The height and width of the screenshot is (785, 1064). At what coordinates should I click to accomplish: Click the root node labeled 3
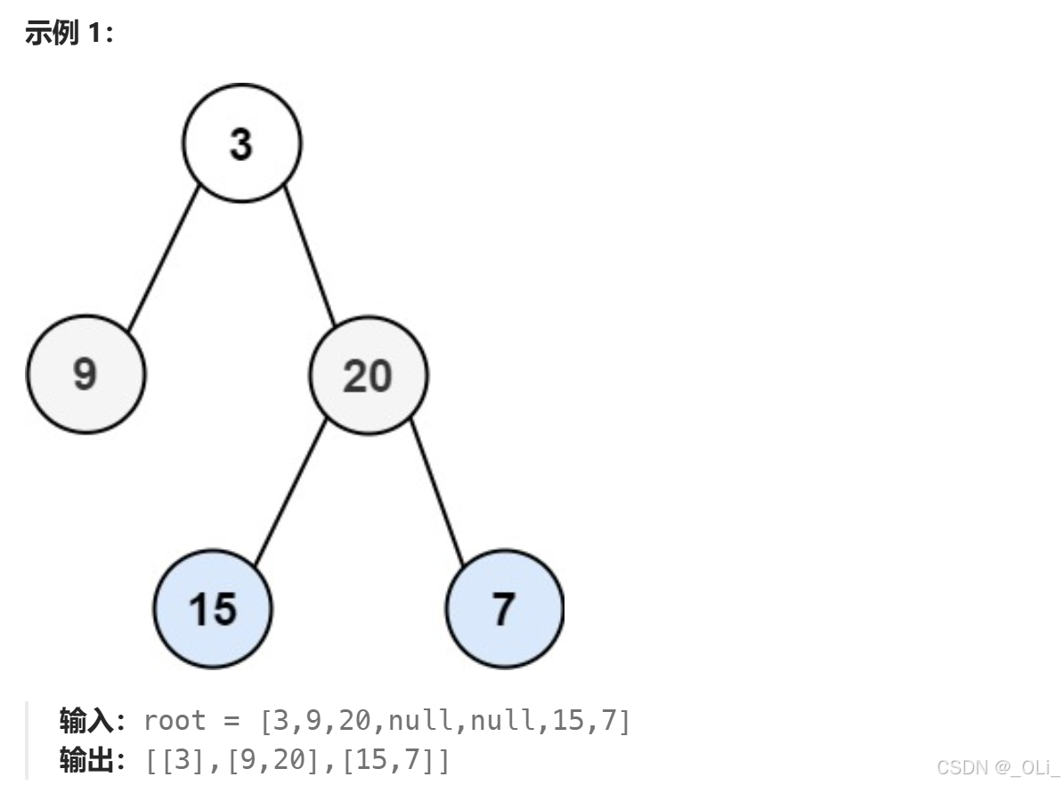[241, 143]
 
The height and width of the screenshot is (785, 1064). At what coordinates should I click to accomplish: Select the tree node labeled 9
[85, 374]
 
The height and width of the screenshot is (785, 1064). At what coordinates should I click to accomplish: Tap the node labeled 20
[369, 376]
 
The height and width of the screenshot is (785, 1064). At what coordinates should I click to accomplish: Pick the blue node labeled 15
[213, 609]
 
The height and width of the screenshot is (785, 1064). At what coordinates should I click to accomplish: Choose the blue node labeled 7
[505, 609]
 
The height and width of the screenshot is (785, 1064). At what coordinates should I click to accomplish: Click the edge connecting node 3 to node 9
[164, 258]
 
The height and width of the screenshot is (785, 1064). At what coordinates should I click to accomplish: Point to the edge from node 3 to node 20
[310, 255]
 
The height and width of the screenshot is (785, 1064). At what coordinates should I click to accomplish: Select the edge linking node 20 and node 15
[290, 492]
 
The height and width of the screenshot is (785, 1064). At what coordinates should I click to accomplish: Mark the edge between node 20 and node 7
[438, 492]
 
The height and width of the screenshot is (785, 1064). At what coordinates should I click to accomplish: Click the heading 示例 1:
[69, 33]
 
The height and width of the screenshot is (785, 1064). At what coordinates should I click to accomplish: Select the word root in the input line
[175, 721]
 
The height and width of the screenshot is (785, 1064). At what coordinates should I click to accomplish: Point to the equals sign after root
[232, 721]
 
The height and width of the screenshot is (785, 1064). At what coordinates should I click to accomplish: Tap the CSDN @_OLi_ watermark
[997, 767]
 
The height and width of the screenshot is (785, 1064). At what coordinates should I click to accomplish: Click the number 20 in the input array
[355, 721]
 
